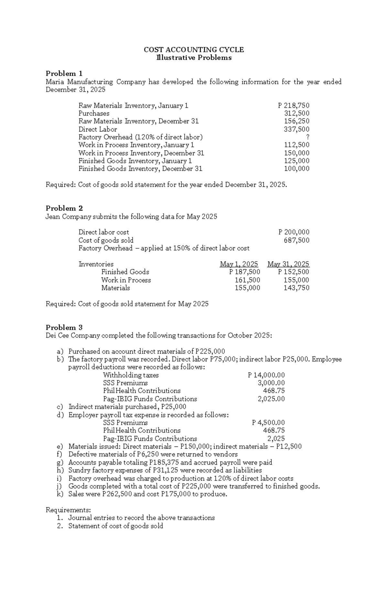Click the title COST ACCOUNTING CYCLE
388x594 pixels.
click(x=194, y=50)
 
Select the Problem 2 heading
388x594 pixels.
click(x=64, y=208)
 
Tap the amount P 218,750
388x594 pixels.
click(x=294, y=106)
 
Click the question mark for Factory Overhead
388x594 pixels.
click(x=307, y=137)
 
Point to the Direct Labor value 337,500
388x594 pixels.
click(x=296, y=129)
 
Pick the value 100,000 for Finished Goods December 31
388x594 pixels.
click(x=296, y=169)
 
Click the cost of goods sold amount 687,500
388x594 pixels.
click(x=296, y=240)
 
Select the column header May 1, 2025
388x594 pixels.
click(x=239, y=264)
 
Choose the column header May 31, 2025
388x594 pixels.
click(x=288, y=264)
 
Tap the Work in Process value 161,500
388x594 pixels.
click(x=247, y=280)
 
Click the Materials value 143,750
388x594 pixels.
click(x=296, y=288)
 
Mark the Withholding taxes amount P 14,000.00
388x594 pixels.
click(x=266, y=375)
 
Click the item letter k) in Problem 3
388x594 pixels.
click(x=60, y=494)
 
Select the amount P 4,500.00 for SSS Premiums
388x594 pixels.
click(x=268, y=422)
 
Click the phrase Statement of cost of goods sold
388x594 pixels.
click(x=115, y=526)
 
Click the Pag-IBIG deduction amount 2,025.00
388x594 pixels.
click(x=271, y=399)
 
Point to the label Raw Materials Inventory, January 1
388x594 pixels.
click(x=133, y=106)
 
